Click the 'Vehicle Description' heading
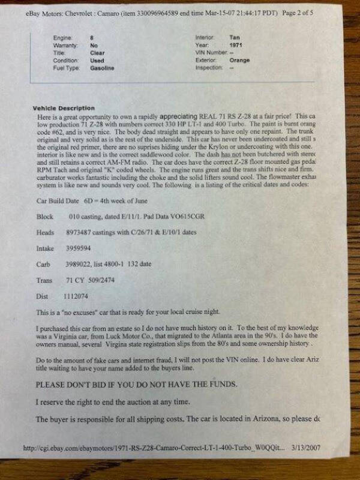click(64, 108)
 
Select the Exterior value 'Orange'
click(239, 61)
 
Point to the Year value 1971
click(236, 45)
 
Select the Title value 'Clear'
click(97, 53)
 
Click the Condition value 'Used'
click(97, 61)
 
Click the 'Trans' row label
click(44, 280)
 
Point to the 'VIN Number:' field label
click(212, 53)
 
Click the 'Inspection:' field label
click(209, 68)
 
